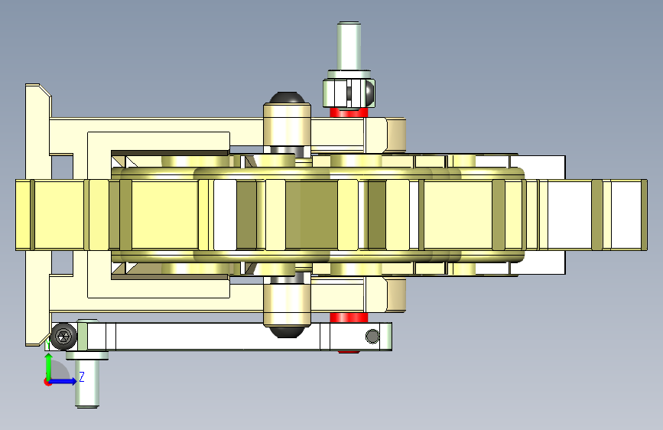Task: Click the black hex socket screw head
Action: pyautogui.click(x=63, y=337)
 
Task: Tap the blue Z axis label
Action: pyautogui.click(x=82, y=376)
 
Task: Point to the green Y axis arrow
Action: pyautogui.click(x=49, y=366)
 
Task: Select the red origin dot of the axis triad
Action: pyautogui.click(x=47, y=382)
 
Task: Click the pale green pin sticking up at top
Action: pyautogui.click(x=349, y=47)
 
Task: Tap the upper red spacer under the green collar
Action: pyautogui.click(x=349, y=112)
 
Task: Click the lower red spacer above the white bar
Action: pyautogui.click(x=349, y=318)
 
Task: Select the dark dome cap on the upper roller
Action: pyautogui.click(x=287, y=98)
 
